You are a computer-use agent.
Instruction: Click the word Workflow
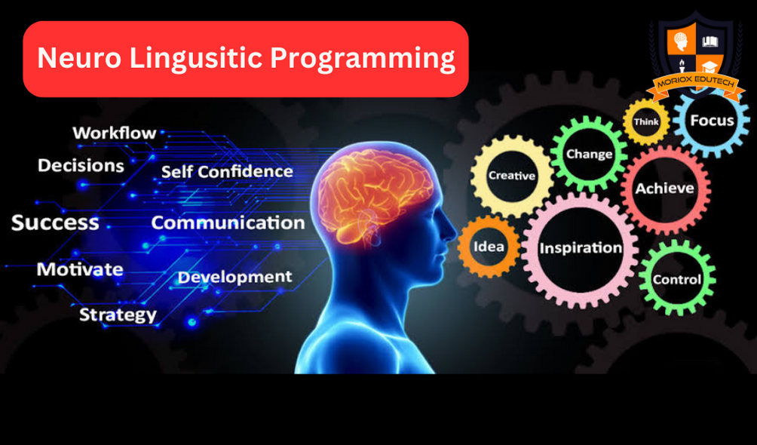click(x=115, y=133)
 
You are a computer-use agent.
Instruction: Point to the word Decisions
click(x=81, y=166)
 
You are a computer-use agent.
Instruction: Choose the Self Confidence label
click(x=227, y=171)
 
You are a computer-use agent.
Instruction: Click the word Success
click(x=55, y=222)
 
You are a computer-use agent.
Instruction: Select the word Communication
click(x=228, y=222)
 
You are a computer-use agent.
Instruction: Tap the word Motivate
click(x=80, y=269)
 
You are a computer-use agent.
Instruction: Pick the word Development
click(x=234, y=278)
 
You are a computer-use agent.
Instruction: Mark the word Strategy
click(x=118, y=315)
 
